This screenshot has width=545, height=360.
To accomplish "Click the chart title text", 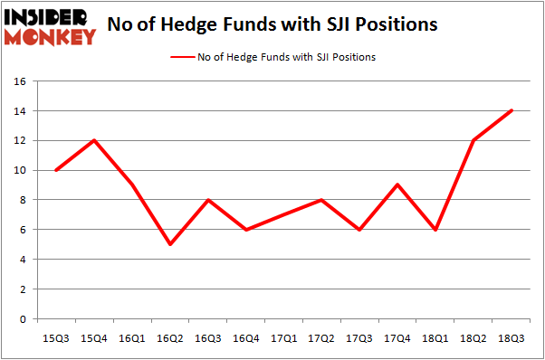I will click(x=272, y=24).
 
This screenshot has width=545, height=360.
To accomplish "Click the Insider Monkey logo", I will click(x=50, y=26).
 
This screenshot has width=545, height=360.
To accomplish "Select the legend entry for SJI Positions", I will click(x=272, y=57).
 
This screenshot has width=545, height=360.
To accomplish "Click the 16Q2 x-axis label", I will click(x=169, y=337).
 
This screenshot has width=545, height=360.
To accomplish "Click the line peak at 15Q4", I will click(x=93, y=140).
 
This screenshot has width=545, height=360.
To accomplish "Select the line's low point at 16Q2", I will click(x=169, y=244).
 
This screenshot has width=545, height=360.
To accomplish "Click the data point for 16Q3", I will click(x=207, y=200).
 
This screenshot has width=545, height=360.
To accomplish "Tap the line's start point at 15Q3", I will click(x=55, y=170).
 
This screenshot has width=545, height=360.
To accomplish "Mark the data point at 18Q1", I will click(x=436, y=230).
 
